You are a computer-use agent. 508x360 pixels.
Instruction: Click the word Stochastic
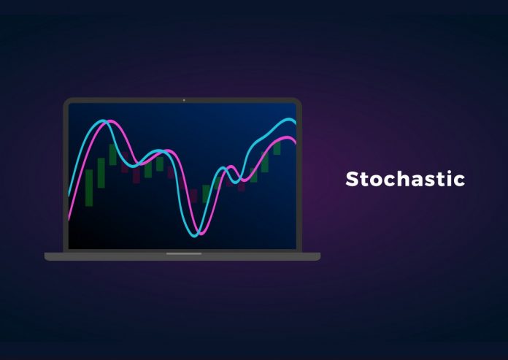tap(404, 179)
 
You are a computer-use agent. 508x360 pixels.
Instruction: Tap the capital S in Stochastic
tap(352, 179)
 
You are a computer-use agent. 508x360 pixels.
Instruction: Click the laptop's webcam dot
tap(183, 100)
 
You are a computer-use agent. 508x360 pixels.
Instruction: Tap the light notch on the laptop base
tap(183, 254)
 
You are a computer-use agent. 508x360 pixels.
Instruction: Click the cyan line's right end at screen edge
tap(296, 121)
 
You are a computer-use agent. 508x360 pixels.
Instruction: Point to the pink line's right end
tap(296, 140)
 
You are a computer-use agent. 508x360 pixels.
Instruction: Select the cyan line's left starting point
tap(69, 196)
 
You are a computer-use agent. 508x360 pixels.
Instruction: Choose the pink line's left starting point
tap(69, 219)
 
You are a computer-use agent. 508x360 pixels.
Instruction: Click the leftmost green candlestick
tap(89, 188)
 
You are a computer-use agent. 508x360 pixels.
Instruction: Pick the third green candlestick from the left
tap(112, 155)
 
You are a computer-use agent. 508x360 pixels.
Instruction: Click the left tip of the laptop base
tap(46, 256)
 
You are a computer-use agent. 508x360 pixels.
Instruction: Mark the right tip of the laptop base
tap(319, 256)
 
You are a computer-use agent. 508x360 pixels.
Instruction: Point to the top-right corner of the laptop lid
tap(300, 99)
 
